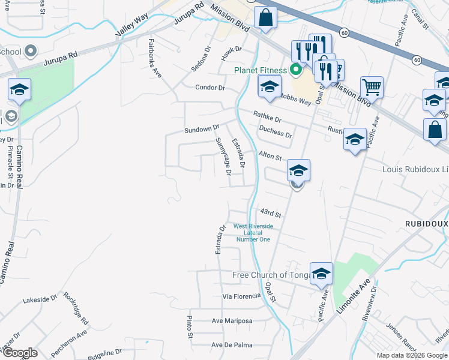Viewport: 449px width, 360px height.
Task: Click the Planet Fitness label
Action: click(260, 70)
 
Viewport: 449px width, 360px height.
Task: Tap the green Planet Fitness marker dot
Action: click(295, 71)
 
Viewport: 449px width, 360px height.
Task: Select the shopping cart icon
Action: click(372, 88)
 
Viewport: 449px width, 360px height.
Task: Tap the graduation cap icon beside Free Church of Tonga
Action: click(321, 274)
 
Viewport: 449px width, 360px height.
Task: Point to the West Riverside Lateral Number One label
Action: click(253, 233)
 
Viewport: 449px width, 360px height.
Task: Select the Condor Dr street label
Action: click(209, 88)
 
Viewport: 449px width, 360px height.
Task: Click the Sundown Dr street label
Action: click(202, 129)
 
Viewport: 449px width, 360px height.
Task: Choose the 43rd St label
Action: click(271, 214)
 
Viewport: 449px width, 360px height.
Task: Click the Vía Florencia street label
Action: click(242, 296)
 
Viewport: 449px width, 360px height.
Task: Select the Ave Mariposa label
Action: click(232, 321)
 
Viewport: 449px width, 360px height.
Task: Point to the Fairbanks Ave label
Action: click(155, 58)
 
